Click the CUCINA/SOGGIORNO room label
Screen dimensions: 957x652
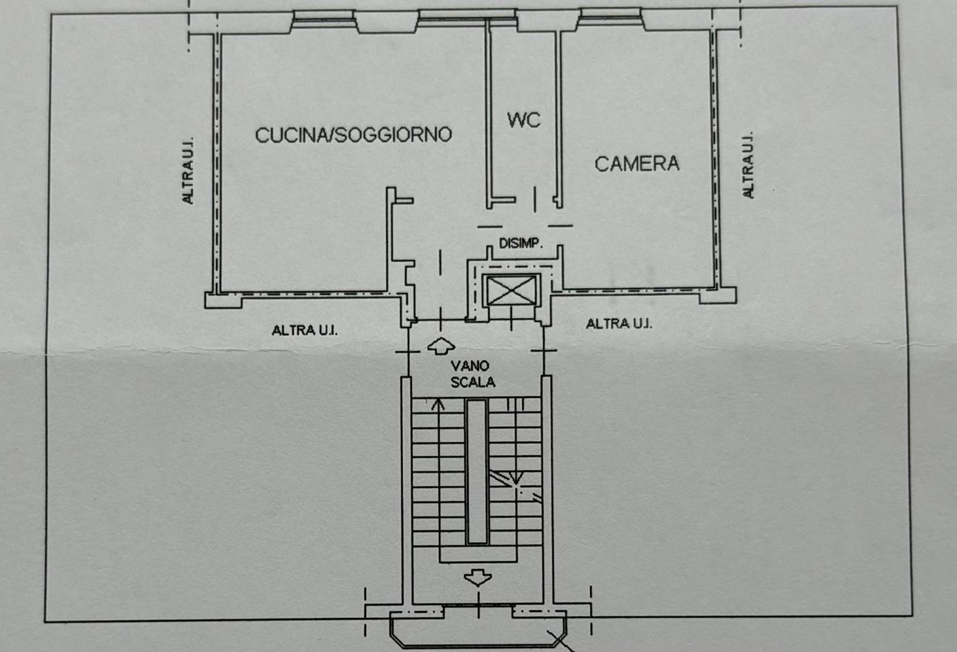point(353,135)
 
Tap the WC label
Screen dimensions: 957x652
point(523,120)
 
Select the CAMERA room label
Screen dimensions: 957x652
point(637,164)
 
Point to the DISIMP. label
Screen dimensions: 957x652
point(521,243)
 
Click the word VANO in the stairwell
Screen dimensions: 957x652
point(470,366)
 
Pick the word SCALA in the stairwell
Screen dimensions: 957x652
point(473,382)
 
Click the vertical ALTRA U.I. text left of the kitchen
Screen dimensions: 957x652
point(187,171)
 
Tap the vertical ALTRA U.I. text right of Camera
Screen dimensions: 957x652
point(748,165)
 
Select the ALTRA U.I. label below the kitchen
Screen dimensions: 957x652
point(305,330)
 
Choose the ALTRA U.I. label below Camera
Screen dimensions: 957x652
point(619,324)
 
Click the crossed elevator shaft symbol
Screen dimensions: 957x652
point(511,291)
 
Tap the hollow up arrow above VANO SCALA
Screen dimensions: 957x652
point(441,346)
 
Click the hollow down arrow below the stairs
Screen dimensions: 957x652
point(478,577)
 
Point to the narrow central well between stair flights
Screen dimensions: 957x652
point(477,471)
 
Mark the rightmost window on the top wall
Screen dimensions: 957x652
point(610,17)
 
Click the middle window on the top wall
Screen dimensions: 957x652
point(467,18)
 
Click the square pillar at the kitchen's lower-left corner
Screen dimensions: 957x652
point(223,300)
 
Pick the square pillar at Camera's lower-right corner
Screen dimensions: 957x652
point(717,296)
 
